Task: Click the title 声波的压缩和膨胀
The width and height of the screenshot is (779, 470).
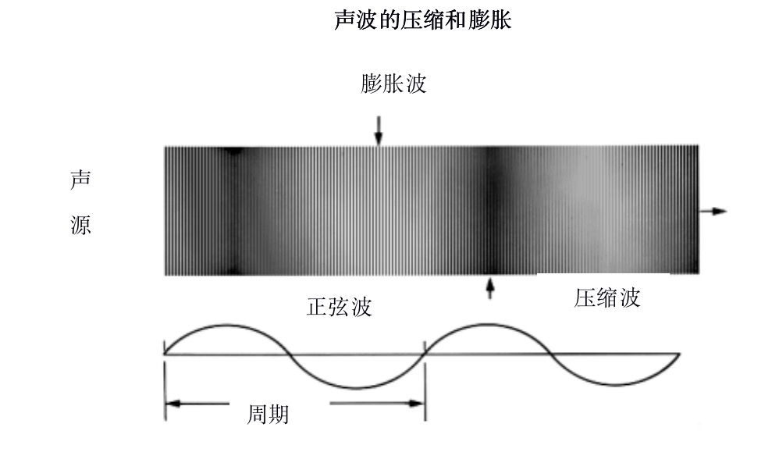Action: [422, 21]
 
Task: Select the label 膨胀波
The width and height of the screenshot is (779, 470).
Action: [394, 84]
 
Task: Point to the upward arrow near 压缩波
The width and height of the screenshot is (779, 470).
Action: [490, 288]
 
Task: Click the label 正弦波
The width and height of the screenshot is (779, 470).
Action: [339, 307]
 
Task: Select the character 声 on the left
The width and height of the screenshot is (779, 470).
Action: [80, 179]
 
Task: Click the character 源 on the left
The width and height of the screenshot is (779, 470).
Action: [80, 227]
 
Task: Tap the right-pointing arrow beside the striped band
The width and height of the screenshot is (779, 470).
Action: [713, 211]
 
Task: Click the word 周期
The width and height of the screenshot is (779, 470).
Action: [268, 414]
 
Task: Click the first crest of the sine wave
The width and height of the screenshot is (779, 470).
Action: [227, 324]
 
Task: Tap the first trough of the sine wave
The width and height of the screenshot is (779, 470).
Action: [356, 388]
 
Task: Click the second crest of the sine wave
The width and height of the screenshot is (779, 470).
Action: [487, 324]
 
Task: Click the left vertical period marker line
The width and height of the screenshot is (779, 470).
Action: [165, 383]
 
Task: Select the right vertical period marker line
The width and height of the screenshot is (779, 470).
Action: [425, 383]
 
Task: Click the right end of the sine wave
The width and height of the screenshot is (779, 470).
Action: [679, 355]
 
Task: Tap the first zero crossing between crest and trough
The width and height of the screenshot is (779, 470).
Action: [291, 355]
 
